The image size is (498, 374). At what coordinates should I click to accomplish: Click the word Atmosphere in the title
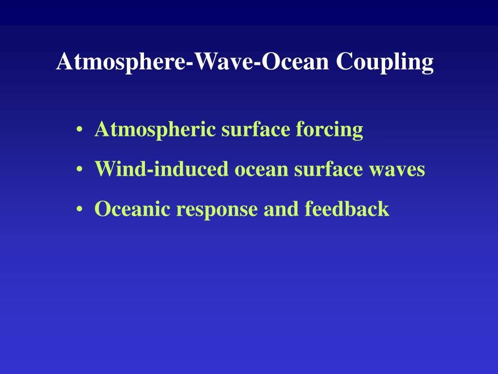click(x=124, y=62)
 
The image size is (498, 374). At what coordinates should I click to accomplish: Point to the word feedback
click(x=347, y=209)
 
